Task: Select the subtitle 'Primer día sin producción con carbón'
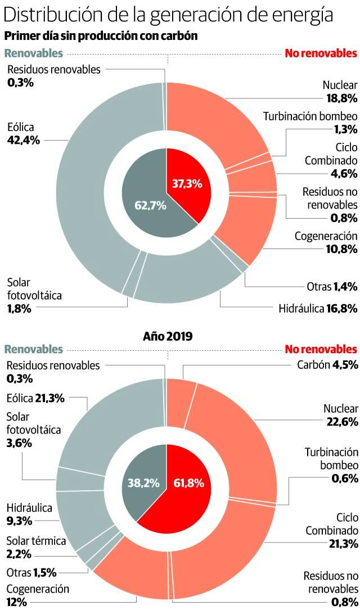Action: point(101,36)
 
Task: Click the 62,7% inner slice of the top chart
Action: point(150,206)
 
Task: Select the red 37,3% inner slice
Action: point(187,183)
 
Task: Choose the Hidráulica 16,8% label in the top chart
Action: point(318,308)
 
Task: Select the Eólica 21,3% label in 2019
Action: point(35,398)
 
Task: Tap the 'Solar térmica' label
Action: point(36,541)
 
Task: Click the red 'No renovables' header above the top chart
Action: point(321,54)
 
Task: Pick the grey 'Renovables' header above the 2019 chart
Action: point(33,349)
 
